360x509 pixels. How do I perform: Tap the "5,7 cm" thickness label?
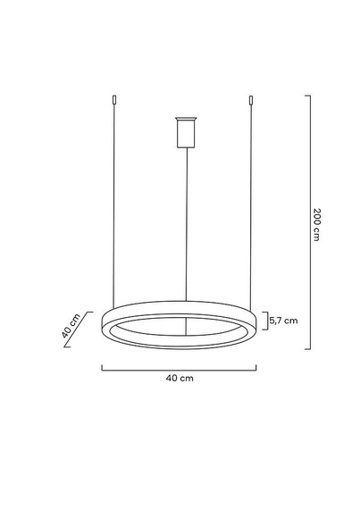pos(284,319)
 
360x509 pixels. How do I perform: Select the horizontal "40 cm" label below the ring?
pos(180,379)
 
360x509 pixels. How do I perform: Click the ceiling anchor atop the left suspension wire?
pos(114,101)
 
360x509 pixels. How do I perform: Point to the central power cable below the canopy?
pos(186,223)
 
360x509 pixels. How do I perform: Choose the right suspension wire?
pos(253,205)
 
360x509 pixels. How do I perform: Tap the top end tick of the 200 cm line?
pos(306,96)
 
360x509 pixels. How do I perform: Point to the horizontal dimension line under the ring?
pos(180,368)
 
